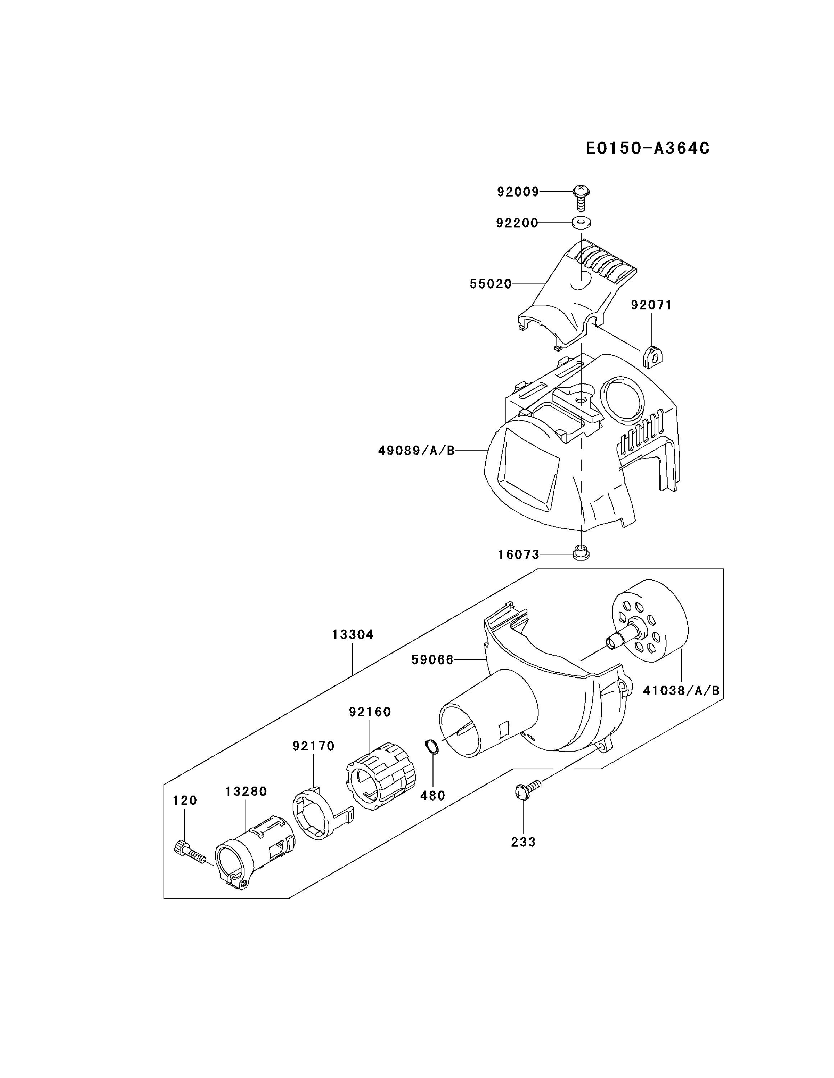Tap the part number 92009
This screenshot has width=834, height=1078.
pos(518,192)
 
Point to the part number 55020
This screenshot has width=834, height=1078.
pos(490,284)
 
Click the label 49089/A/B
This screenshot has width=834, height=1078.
pos(416,451)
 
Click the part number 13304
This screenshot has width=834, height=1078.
pos(353,635)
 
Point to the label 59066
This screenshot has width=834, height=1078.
pos(432,660)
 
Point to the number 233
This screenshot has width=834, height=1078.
pos(523,842)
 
